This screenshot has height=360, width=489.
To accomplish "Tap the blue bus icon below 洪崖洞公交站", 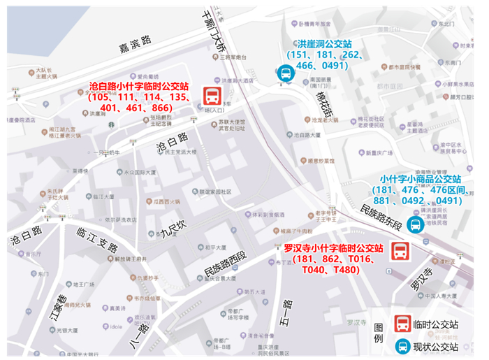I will [285, 73].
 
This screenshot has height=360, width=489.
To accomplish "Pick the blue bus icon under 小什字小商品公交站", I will [415, 224].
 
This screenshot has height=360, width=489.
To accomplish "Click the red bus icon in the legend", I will [403, 324].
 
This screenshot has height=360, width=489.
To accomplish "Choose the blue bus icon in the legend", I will [403, 346].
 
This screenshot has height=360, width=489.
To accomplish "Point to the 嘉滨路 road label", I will [135, 45].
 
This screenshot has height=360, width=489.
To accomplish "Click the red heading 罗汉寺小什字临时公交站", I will [333, 249].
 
